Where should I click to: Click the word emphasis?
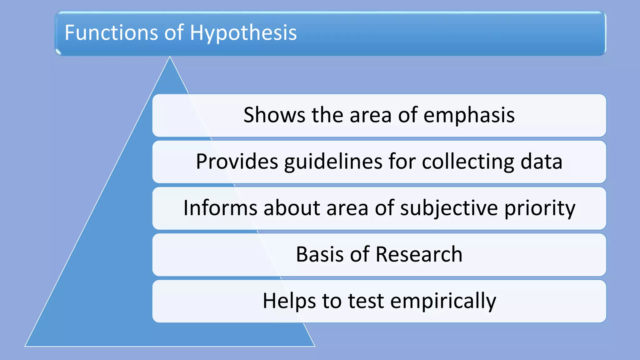(469, 115)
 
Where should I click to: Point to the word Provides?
(237, 162)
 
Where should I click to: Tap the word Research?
(419, 254)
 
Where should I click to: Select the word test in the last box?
(366, 301)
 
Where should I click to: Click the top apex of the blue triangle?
(170, 57)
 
